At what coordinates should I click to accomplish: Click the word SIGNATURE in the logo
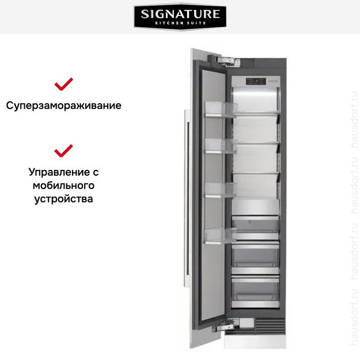pos(180,13)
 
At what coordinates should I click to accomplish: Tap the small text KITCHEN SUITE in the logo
pos(180,23)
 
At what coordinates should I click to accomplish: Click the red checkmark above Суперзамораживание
pos(63,85)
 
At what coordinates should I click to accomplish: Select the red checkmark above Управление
pos(63,151)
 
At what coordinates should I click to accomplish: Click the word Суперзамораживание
pos(63,106)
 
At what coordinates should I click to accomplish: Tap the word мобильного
pos(63,185)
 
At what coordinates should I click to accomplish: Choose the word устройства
pos(63,199)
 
